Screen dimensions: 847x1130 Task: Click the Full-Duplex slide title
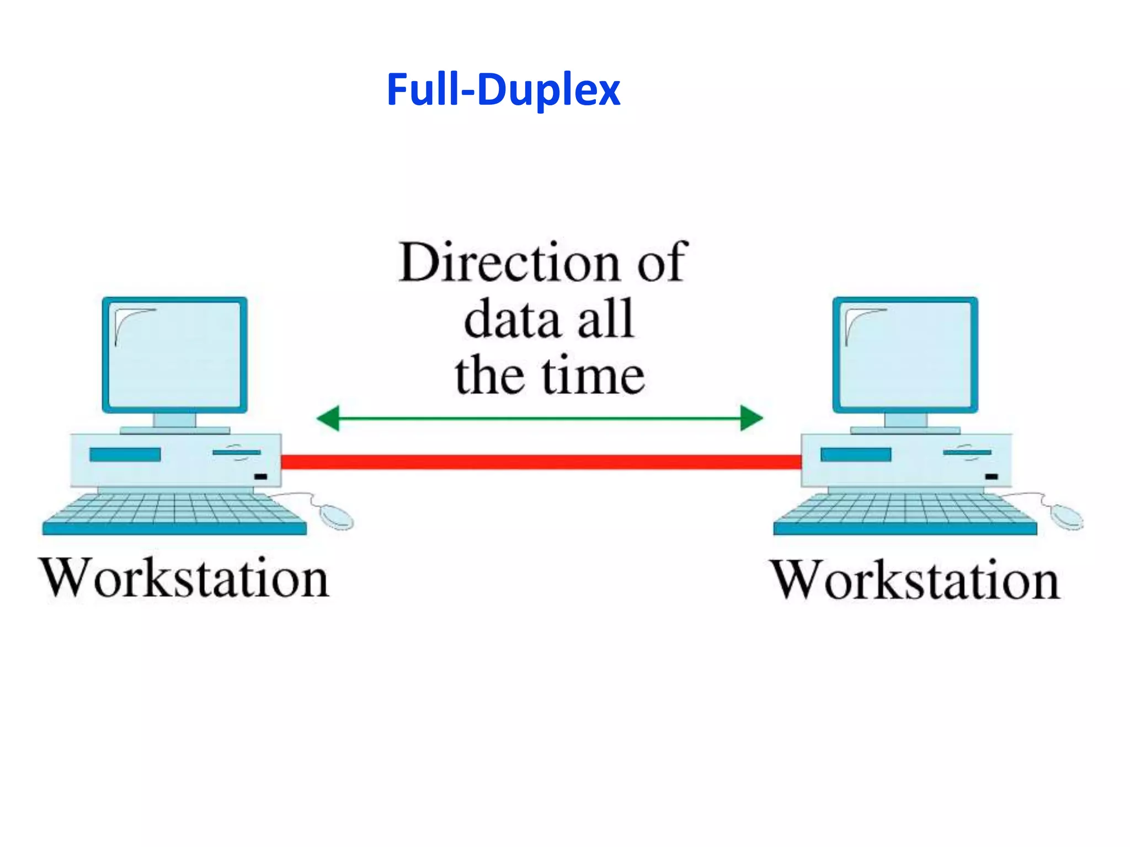503,89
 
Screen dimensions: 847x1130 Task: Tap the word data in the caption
511,320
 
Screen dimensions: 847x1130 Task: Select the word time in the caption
593,377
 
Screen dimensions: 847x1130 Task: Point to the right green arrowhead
751,418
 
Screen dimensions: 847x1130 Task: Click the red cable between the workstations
541,462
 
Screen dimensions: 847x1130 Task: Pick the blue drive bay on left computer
125,454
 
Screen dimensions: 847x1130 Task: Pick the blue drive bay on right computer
856,454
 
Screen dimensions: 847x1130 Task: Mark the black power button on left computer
260,476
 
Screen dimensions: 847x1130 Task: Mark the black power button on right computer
992,476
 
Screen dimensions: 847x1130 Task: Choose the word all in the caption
605,320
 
